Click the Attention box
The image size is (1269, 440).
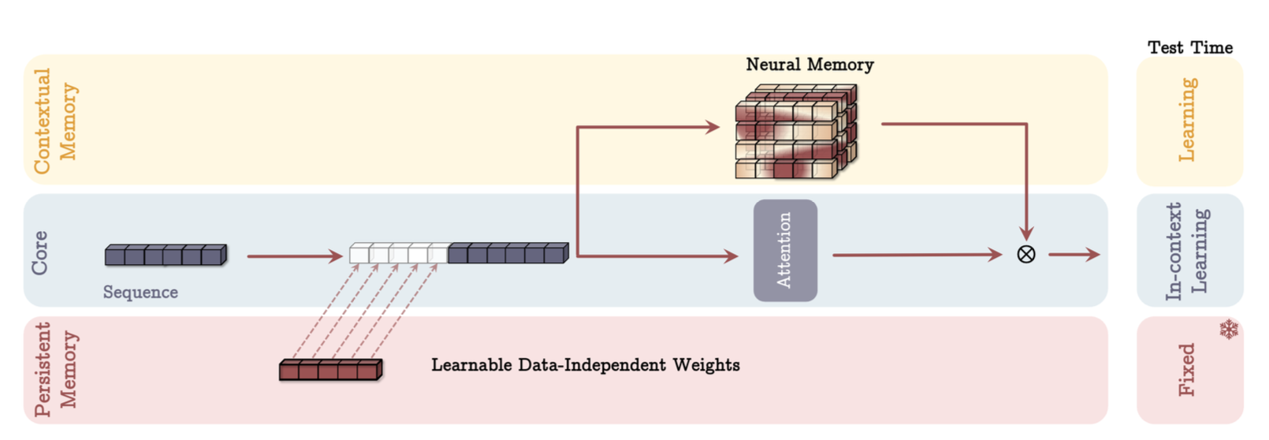[785, 250]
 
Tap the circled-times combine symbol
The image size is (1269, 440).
[1025, 254]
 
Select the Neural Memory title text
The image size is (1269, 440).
[809, 65]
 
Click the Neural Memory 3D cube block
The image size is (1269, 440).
[795, 132]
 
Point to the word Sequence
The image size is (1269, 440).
[140, 293]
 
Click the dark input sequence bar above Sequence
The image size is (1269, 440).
[166, 255]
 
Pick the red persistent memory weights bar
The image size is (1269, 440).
[330, 370]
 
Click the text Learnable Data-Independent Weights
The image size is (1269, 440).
[585, 365]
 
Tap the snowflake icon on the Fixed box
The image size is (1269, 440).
[1228, 329]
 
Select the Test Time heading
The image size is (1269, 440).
[1189, 47]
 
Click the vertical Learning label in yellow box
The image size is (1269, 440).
[1186, 120]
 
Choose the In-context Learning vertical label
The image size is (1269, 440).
[1186, 251]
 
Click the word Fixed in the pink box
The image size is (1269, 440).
[1186, 369]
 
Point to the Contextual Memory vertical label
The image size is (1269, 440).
[55, 120]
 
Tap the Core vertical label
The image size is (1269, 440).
[39, 252]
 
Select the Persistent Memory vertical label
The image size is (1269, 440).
[55, 369]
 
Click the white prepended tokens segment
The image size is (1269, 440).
[398, 254]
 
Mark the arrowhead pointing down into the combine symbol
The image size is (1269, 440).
[1025, 233]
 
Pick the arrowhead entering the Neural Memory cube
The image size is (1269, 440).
[713, 126]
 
